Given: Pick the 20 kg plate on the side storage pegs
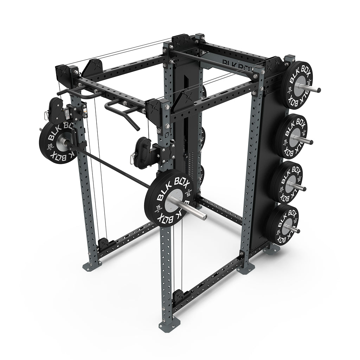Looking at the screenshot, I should pos(287,182).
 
